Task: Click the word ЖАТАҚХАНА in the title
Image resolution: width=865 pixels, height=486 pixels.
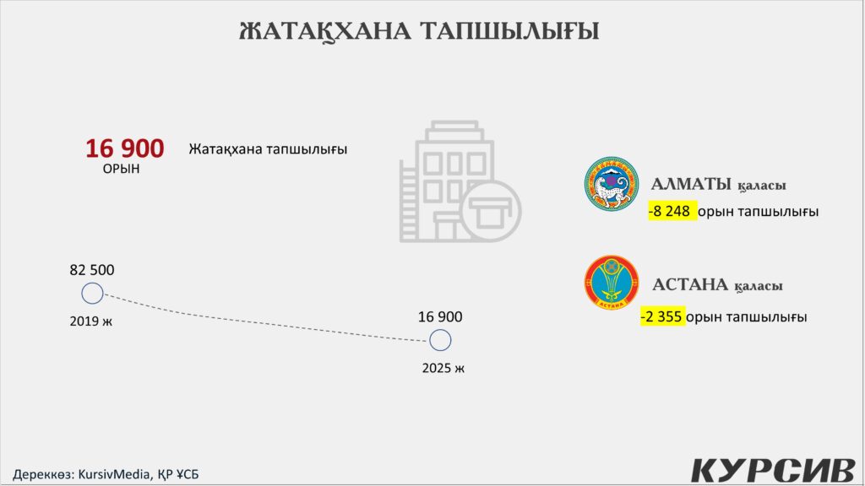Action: point(325,31)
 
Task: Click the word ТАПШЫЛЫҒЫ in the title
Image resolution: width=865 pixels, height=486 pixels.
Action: point(509,31)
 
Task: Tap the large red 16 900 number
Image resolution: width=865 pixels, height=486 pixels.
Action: point(125,148)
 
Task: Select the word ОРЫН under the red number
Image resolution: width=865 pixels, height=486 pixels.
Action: point(122,169)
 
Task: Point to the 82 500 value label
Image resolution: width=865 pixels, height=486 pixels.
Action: point(92,270)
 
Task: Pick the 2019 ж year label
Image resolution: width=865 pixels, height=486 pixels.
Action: point(91,321)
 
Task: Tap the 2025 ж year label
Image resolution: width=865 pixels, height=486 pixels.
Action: point(443,368)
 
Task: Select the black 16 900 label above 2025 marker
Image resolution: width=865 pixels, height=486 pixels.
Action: point(440,317)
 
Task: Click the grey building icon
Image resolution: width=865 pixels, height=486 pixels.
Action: point(460,182)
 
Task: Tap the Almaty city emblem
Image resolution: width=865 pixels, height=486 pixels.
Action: point(612,183)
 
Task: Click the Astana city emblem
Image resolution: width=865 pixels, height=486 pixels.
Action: point(612,282)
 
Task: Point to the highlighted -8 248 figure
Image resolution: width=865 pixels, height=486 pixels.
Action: point(672,211)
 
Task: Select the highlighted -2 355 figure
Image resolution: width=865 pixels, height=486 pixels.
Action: point(662,316)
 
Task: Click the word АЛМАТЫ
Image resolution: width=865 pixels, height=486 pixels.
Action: point(691,184)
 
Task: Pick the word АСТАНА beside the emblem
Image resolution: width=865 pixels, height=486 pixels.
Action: point(690,284)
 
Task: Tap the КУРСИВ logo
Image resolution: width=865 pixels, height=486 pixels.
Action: point(774,469)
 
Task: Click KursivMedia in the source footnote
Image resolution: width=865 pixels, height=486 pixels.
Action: point(114,474)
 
